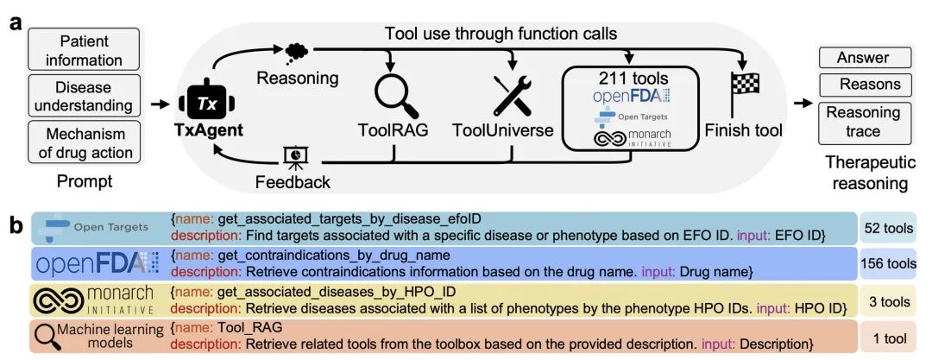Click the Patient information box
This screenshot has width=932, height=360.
pos(84,51)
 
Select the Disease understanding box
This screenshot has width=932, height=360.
pos(84,97)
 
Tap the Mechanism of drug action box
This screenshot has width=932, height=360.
pos(84,143)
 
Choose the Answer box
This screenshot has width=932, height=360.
pos(862,59)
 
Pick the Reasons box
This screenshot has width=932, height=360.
pos(862,85)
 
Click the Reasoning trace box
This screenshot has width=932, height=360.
pos(862,122)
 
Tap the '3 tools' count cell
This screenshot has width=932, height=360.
pos(888,301)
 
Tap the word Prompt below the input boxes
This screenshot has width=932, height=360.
pos(84,182)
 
